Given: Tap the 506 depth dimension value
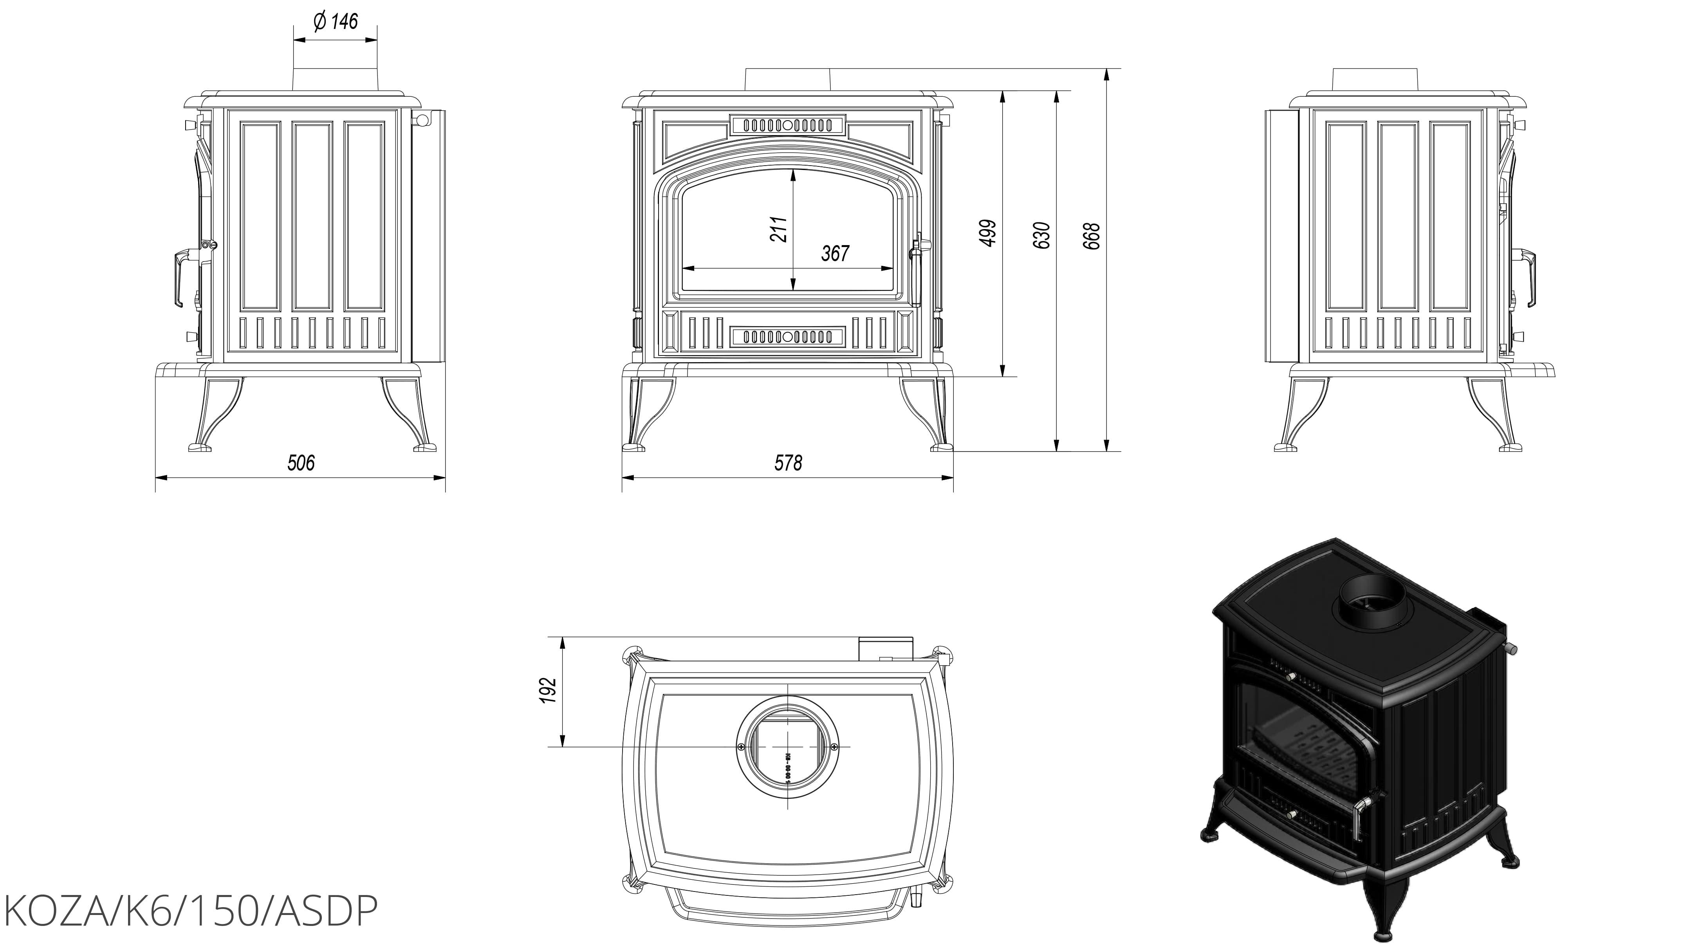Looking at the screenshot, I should click(x=301, y=463).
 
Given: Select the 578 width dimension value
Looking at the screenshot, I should click(x=788, y=463).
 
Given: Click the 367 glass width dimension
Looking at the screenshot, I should click(x=835, y=253).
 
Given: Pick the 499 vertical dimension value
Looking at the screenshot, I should click(x=988, y=233).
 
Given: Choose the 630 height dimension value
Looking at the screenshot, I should click(x=1042, y=235).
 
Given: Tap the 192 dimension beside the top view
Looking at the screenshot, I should click(x=549, y=690).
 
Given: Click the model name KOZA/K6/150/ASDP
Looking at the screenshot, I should click(x=190, y=911).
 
